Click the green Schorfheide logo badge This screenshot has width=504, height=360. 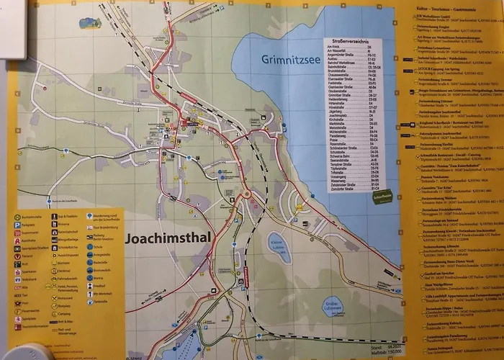[383, 195]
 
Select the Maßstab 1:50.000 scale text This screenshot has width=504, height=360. [366, 352]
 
